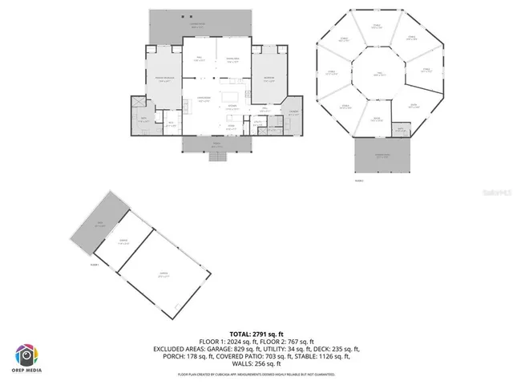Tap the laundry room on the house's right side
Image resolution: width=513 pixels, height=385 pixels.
[293, 113]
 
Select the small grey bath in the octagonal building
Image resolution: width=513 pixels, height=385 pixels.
[401, 128]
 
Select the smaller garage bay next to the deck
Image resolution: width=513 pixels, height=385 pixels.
[125, 241]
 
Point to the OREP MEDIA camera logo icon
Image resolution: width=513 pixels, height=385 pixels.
[26, 355]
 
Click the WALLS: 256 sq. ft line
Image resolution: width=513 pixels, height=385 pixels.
[256, 366]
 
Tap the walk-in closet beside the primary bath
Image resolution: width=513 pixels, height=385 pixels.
[170, 123]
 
